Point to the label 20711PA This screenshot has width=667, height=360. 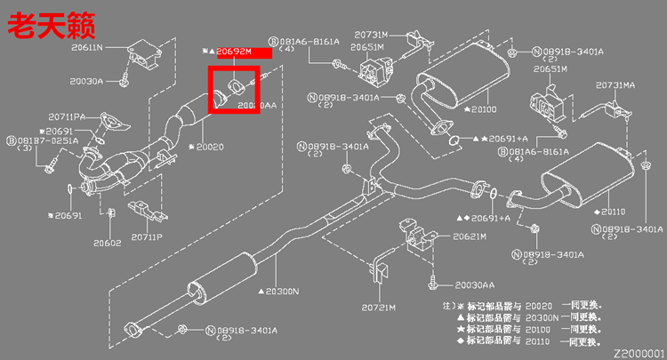click(67, 116)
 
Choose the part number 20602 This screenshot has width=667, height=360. click(107, 242)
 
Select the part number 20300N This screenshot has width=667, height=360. click(284, 291)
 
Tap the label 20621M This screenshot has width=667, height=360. click(469, 236)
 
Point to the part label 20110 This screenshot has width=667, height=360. click(613, 212)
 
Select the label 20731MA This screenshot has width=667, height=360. click(615, 84)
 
